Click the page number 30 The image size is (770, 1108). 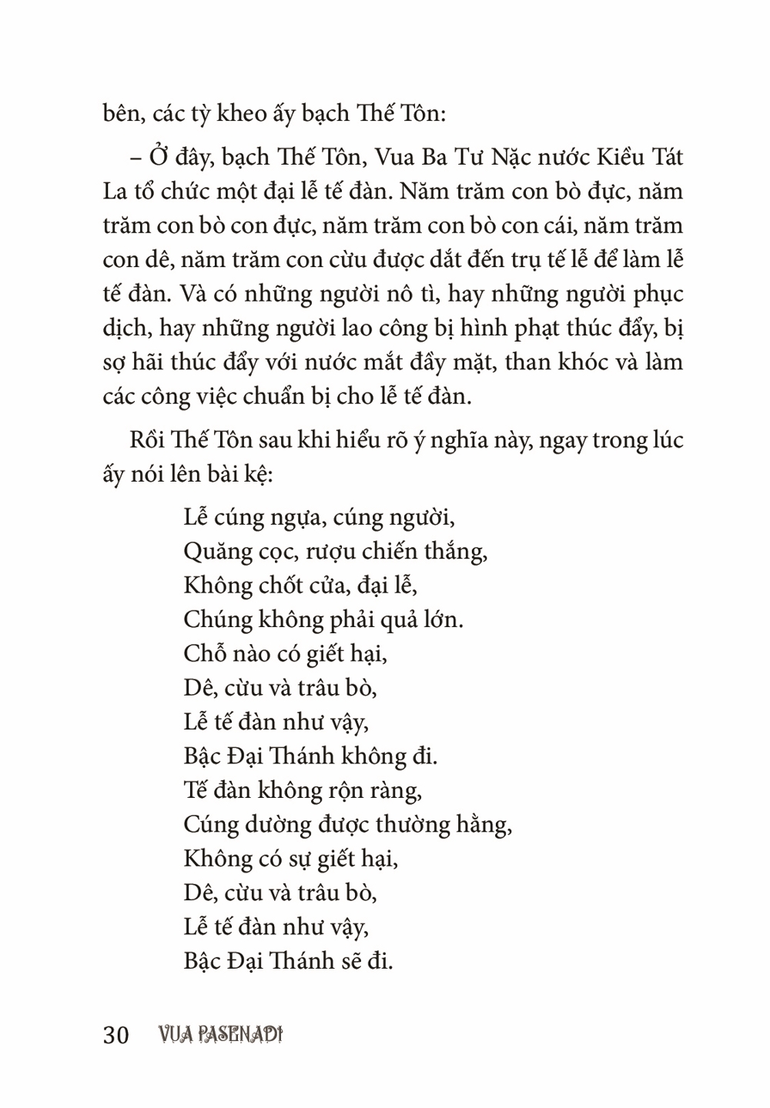(x=115, y=1035)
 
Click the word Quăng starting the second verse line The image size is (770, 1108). (x=215, y=552)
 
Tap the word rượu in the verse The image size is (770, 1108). (x=332, y=552)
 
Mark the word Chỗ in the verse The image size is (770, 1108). (x=206, y=653)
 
